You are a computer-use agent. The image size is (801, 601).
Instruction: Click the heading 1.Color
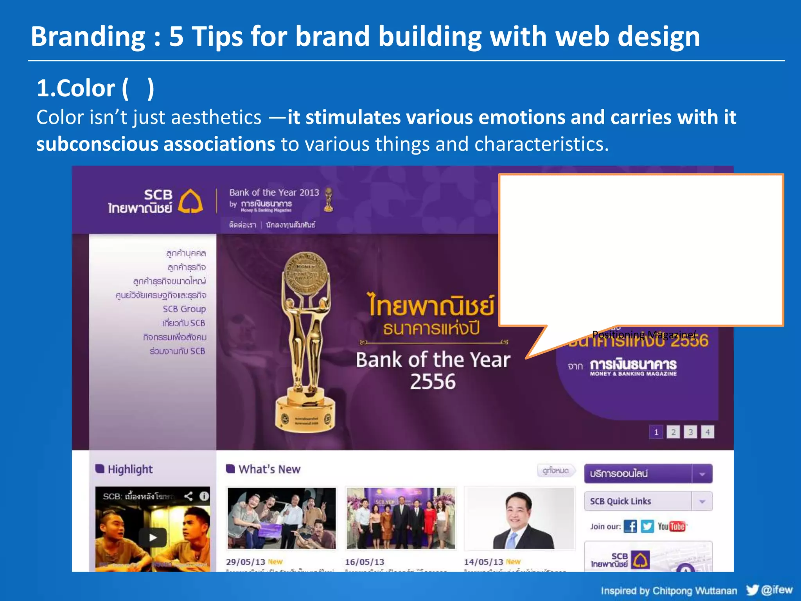[x=76, y=88]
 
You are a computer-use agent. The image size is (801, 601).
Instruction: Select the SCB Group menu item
[x=184, y=309]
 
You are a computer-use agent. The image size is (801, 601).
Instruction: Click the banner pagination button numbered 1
[x=656, y=432]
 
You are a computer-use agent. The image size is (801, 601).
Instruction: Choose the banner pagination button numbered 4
[x=708, y=432]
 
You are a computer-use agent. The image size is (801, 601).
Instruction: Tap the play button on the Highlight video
[x=153, y=537]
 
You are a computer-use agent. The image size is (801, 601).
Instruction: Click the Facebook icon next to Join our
[x=630, y=526]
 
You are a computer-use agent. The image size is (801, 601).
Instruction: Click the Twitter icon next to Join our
[x=647, y=526]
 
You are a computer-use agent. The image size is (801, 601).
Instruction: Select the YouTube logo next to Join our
[x=671, y=526]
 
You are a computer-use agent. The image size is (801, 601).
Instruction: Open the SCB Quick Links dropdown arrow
[x=702, y=501]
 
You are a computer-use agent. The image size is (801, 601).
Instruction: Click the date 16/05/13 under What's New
[x=365, y=562]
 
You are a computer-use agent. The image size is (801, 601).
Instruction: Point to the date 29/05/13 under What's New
[x=245, y=562]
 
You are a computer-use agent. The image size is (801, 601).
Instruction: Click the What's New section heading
[x=269, y=469]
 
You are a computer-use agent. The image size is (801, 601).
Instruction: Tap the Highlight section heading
[x=130, y=469]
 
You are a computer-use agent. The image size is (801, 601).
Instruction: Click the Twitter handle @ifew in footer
[x=776, y=590]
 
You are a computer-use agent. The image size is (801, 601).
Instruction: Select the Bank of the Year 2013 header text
[x=274, y=193]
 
